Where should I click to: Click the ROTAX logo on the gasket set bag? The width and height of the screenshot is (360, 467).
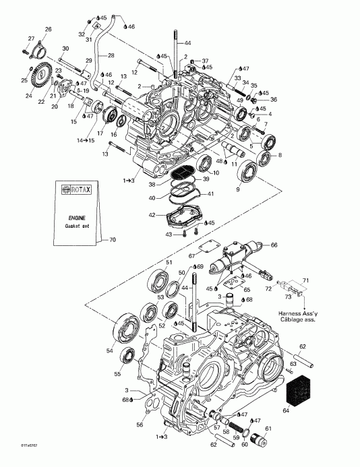[x=75, y=190]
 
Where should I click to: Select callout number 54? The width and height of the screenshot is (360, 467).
[x=109, y=351]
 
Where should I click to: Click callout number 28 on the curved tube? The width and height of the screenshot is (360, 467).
[x=111, y=55]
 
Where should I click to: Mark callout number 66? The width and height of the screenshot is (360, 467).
[x=274, y=245]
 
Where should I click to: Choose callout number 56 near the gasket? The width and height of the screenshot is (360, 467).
[x=140, y=425]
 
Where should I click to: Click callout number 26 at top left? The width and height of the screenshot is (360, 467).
[x=48, y=29]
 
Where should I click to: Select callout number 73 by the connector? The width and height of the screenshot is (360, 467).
[x=290, y=296]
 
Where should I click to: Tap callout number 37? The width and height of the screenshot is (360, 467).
[x=206, y=60]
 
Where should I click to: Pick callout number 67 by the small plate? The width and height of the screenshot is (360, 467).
[x=191, y=255]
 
